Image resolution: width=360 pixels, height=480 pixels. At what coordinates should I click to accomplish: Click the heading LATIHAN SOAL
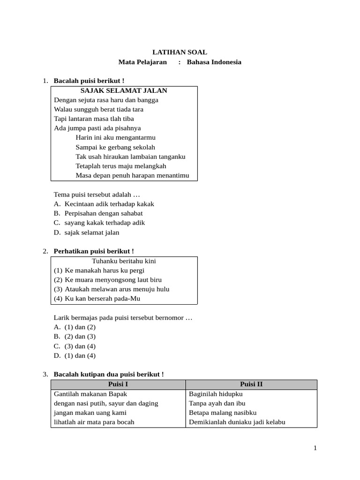pos(180,52)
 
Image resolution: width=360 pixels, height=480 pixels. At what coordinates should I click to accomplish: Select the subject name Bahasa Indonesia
pos(214,62)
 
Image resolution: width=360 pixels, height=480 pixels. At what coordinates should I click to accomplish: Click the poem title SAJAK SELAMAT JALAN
pos(124,90)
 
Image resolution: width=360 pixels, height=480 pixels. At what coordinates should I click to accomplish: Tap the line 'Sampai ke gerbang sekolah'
pos(115,147)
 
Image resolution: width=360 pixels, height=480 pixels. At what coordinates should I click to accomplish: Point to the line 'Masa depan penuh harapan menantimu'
pos(132,175)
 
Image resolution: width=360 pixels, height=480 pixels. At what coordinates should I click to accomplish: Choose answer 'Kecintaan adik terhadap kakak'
pos(109,204)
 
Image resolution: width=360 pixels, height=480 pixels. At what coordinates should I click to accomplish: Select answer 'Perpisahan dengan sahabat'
pos(104,213)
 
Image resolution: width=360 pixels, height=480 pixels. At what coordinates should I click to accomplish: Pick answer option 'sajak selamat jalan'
pos(92,232)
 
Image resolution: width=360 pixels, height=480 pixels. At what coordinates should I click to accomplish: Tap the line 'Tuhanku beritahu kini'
pos(124,261)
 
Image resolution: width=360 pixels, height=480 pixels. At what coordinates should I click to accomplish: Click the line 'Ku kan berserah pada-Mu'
pos(102,299)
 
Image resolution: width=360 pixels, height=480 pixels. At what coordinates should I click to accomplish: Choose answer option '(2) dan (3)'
pos(80,337)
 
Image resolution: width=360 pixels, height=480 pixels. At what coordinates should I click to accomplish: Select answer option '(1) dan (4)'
pos(80,355)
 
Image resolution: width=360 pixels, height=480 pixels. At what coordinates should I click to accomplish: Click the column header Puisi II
pos(251,384)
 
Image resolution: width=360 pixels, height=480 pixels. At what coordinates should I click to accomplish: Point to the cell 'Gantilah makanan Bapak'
pos(90,394)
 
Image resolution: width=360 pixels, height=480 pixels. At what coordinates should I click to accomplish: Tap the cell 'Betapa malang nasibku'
pos(223,412)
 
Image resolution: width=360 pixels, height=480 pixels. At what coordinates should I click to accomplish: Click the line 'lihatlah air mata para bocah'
pos(94,422)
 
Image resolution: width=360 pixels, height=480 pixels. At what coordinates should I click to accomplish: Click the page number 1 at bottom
pos(315,448)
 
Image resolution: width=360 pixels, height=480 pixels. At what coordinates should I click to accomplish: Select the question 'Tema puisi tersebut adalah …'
pos(97,194)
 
